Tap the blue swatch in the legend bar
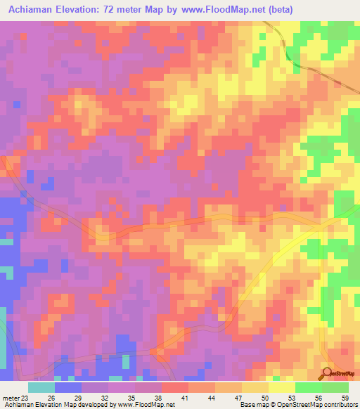click(67, 387)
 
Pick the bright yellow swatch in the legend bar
click(281, 387)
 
